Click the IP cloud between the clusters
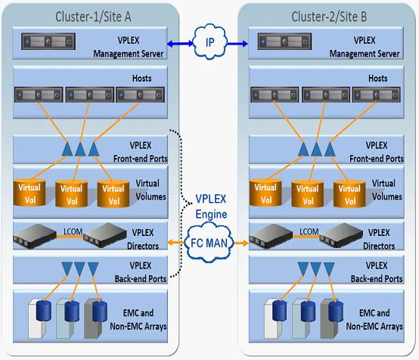(210, 42)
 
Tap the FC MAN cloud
(209, 243)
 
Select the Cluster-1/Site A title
(93, 17)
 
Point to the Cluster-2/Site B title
(329, 17)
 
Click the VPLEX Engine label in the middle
(211, 206)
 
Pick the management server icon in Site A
(48, 42)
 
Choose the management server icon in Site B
(284, 42)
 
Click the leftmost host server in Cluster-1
(39, 95)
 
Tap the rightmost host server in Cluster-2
(376, 95)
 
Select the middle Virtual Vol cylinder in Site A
(71, 194)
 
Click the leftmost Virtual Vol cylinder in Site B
(265, 193)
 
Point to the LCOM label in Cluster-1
(73, 231)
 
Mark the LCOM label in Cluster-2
(309, 231)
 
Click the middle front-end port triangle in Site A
(80, 149)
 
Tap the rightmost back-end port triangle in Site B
(329, 268)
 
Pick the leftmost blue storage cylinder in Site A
(44, 311)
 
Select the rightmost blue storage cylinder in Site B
(336, 312)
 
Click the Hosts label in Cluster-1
(142, 79)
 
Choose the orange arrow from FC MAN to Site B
(241, 243)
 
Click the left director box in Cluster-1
(35, 236)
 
